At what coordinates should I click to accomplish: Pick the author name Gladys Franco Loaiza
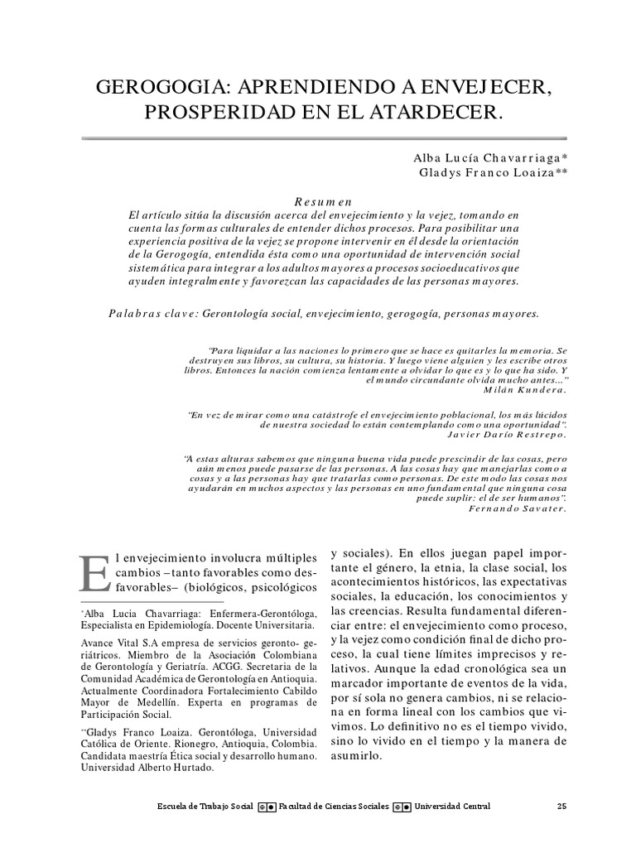coord(490,172)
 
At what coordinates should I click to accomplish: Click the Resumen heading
coord(324,201)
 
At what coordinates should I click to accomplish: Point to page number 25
coord(561,807)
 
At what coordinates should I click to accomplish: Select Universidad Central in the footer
coord(451,807)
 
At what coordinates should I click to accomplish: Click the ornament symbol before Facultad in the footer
coord(267,807)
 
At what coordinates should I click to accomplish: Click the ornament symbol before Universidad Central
coord(402,807)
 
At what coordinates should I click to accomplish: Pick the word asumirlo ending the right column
coord(357,757)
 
